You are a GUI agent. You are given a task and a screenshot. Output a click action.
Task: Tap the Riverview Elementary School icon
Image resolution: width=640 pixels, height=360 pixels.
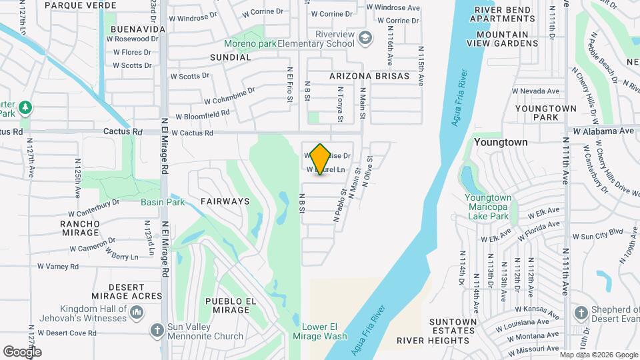point(365,38)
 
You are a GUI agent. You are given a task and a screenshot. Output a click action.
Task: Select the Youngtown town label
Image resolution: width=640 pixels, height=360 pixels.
point(501,142)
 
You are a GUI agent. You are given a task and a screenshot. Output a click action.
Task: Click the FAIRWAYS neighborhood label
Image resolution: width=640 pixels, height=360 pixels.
point(225,201)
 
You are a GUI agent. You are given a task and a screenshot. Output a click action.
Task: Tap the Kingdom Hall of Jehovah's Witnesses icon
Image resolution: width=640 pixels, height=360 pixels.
point(137,312)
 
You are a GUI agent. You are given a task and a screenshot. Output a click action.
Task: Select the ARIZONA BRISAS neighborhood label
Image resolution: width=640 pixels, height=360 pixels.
point(369,76)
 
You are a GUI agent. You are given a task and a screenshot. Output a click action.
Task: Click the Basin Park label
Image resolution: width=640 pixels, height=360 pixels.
point(162,201)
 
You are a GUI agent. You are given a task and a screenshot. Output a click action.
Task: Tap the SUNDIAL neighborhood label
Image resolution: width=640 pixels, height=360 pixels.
point(231,57)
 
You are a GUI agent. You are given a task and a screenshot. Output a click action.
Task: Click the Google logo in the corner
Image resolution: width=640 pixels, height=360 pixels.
point(22,351)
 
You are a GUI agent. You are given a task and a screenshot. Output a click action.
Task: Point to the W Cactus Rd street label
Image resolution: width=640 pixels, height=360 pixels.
point(194,133)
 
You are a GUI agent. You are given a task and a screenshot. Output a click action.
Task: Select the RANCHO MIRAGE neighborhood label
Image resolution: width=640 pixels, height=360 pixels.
point(79,228)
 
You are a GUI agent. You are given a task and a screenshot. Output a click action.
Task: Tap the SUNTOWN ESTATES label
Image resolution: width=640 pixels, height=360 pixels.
point(453,326)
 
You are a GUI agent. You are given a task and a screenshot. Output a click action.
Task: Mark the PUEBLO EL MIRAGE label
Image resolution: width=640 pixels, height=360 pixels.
point(231,306)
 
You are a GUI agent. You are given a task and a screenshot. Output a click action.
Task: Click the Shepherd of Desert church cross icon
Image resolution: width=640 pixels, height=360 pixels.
point(581,312)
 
